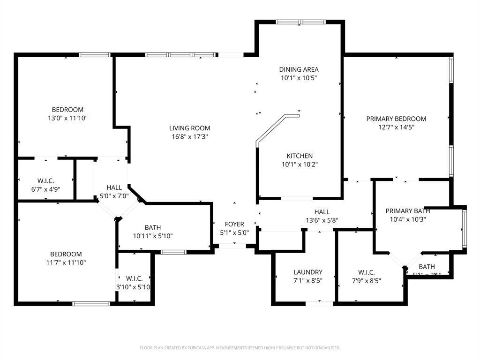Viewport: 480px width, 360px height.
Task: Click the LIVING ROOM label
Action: (189, 128)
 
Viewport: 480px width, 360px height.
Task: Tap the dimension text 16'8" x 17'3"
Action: (189, 137)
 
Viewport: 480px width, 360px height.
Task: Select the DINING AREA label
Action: (299, 69)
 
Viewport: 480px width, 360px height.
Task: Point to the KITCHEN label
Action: (300, 156)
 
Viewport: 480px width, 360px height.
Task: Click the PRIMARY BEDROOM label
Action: (396, 119)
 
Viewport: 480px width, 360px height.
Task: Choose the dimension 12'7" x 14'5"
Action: (396, 127)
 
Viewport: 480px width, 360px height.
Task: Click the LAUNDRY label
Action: (307, 272)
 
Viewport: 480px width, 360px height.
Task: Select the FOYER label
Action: (234, 224)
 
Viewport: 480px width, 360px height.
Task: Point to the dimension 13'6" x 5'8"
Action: (322, 220)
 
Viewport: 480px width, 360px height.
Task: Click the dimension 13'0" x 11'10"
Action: (67, 118)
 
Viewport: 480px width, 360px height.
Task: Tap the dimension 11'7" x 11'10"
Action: (66, 262)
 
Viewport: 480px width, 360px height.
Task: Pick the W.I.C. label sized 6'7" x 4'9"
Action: (46, 180)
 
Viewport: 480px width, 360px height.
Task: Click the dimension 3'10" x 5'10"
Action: (133, 287)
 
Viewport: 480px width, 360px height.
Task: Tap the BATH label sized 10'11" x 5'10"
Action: (153, 227)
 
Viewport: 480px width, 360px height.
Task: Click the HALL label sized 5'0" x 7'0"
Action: (114, 187)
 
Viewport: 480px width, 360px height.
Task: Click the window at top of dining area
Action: (300, 22)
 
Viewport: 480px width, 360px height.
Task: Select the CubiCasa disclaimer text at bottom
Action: (240, 348)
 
